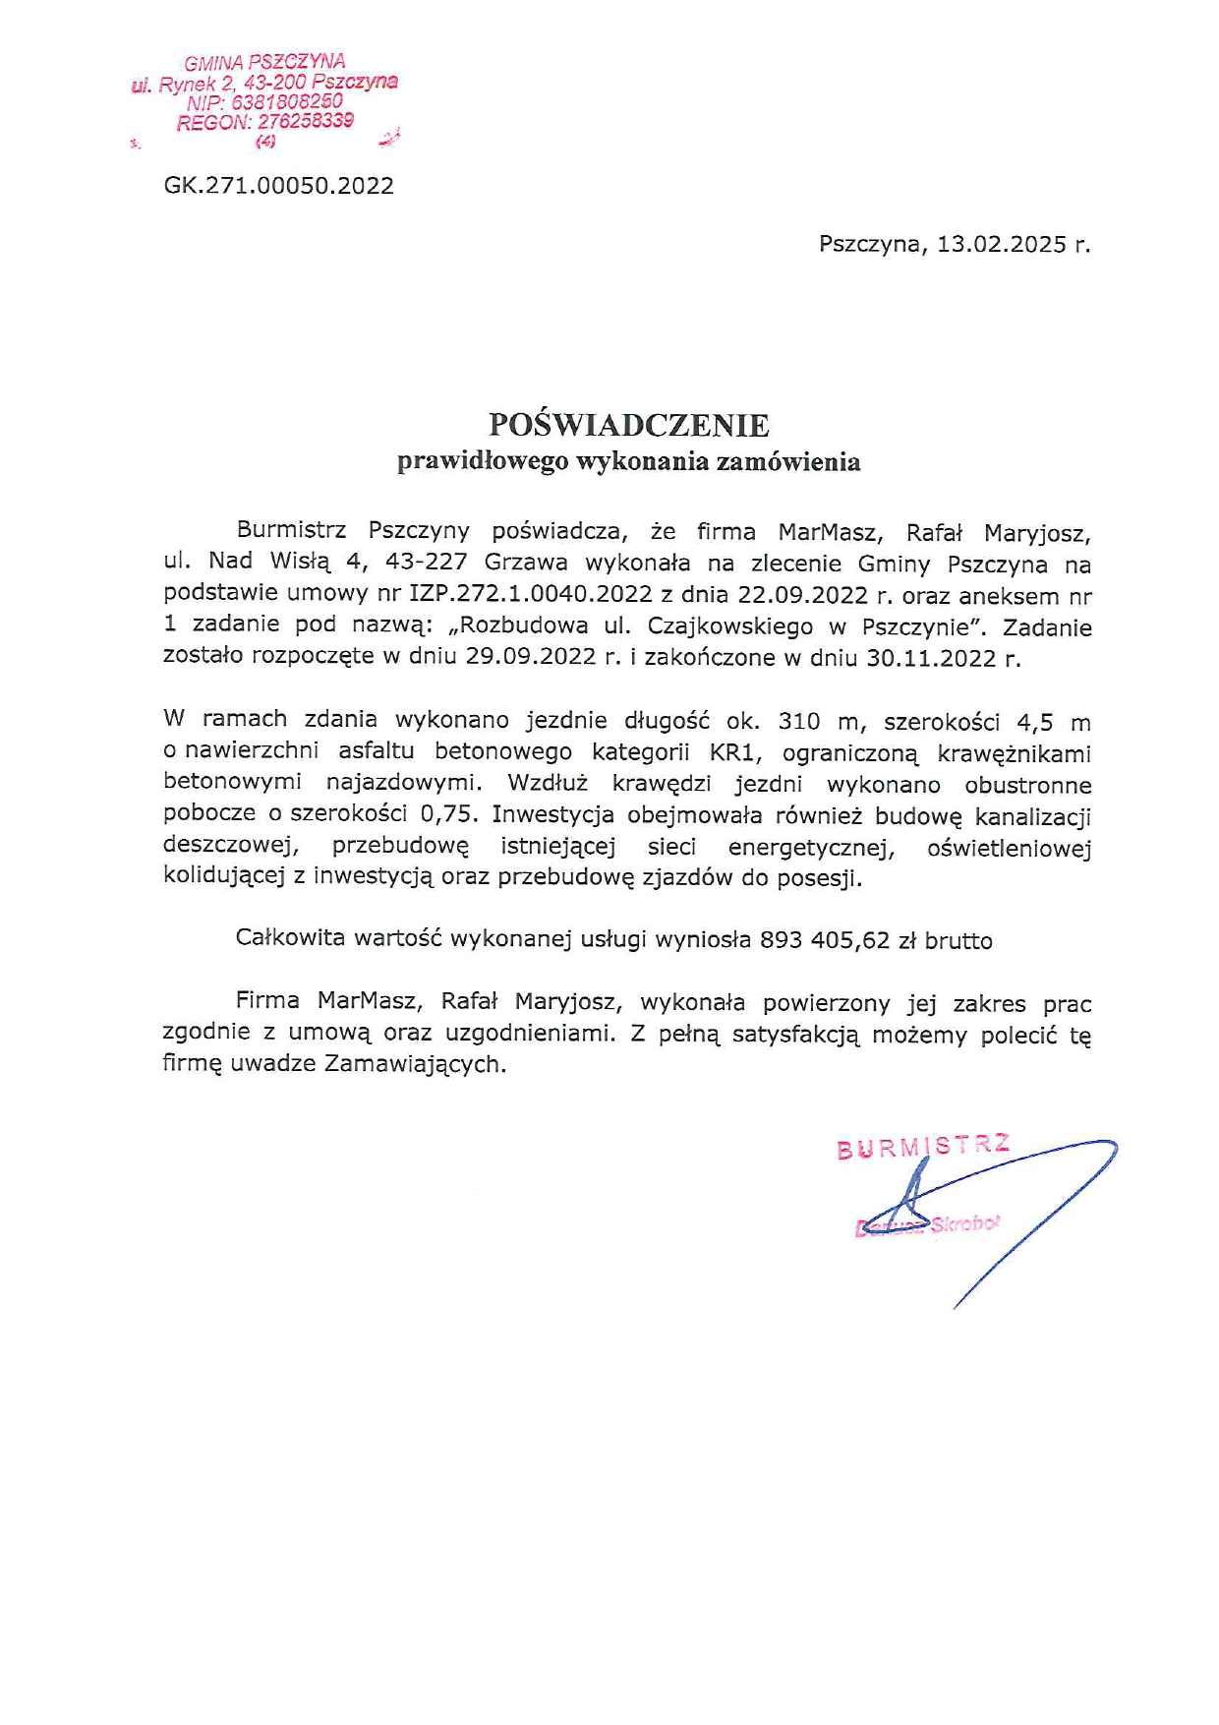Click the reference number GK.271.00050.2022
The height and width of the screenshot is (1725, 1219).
(279, 186)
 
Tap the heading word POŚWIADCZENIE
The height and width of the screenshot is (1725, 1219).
(629, 425)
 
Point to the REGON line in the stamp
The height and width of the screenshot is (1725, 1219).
(265, 122)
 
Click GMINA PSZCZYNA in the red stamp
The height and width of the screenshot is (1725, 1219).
(264, 62)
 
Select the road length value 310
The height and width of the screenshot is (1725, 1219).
(799, 722)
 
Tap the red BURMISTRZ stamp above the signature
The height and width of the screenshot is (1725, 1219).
(923, 1147)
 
